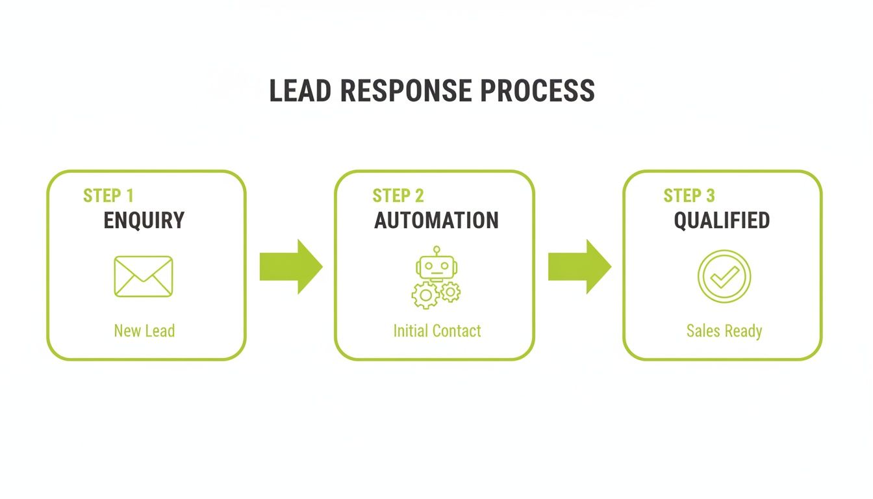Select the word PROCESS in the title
pyautogui.click(x=537, y=91)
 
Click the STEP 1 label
pyautogui.click(x=108, y=196)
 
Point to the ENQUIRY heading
pyautogui.click(x=144, y=221)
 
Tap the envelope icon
pyautogui.click(x=144, y=277)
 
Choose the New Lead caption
pyautogui.click(x=144, y=331)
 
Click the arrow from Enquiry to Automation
pyautogui.click(x=290, y=266)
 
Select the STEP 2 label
pyautogui.click(x=398, y=196)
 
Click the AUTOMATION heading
pyautogui.click(x=436, y=221)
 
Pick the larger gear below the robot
pyautogui.click(x=425, y=296)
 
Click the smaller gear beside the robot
pyautogui.click(x=450, y=292)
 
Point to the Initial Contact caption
pyautogui.click(x=437, y=331)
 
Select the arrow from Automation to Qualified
pyautogui.click(x=579, y=266)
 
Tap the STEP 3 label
pyautogui.click(x=689, y=196)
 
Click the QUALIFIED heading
pyautogui.click(x=722, y=221)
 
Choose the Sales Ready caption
pyautogui.click(x=724, y=331)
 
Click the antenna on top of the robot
pyautogui.click(x=436, y=250)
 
